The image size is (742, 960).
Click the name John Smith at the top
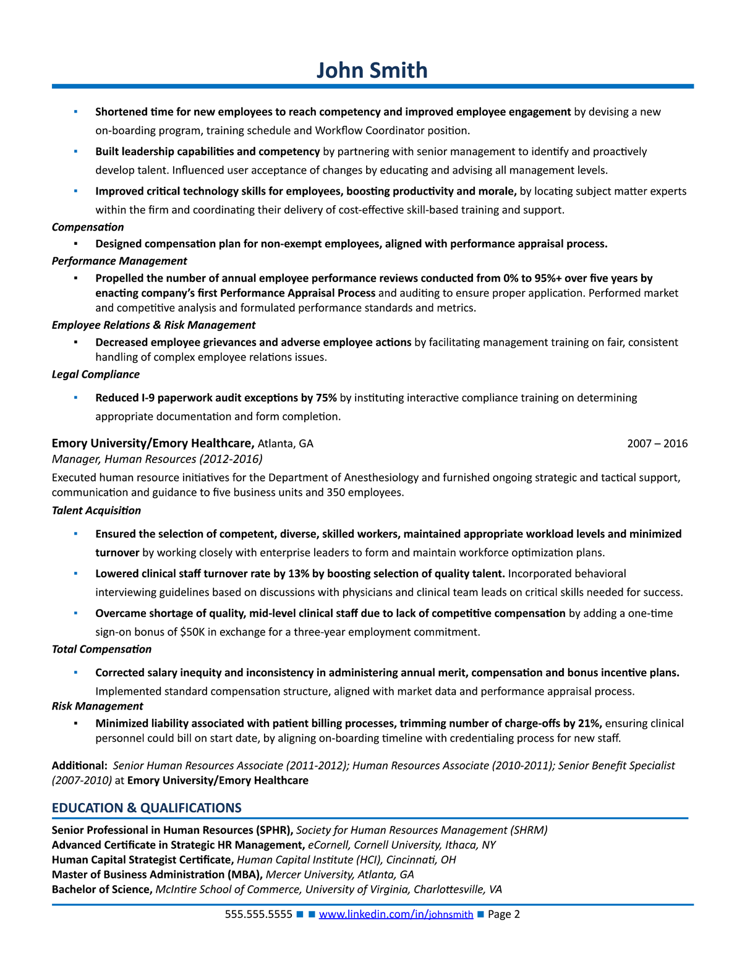(372, 70)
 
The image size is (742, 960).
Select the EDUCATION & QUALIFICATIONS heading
(147, 808)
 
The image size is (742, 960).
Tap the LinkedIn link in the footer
(396, 914)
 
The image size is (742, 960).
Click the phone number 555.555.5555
(258, 914)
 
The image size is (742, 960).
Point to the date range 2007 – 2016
(657, 443)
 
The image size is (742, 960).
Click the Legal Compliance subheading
(96, 374)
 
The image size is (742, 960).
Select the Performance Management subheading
(119, 261)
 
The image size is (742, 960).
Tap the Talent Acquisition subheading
(96, 511)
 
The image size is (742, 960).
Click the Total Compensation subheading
(101, 649)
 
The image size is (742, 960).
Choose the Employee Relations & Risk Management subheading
(153, 325)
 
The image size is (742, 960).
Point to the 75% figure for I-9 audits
(326, 397)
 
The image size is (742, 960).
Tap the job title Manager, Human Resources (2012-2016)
(157, 459)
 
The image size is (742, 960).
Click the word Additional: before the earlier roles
(80, 765)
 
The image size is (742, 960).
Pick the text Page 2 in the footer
(504, 914)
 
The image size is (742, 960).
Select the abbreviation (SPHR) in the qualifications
(273, 830)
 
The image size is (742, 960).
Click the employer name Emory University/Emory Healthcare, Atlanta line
(153, 443)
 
